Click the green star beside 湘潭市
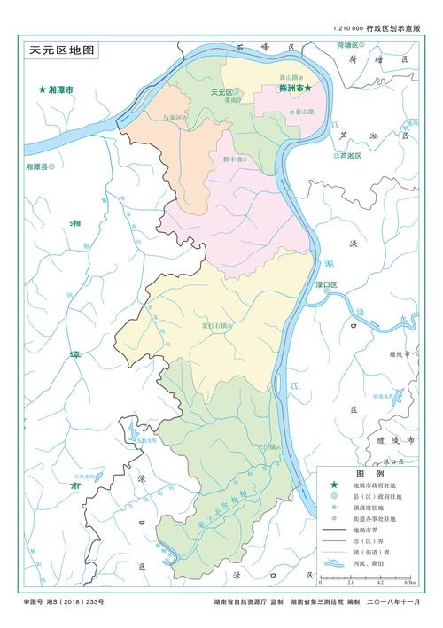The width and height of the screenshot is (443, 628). coord(42,90)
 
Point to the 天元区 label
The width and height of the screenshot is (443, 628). coord(220,92)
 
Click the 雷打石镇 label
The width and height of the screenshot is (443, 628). coord(215,325)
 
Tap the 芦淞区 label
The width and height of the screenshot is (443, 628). coord(352,155)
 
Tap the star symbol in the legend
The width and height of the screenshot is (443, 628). coord(333,487)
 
